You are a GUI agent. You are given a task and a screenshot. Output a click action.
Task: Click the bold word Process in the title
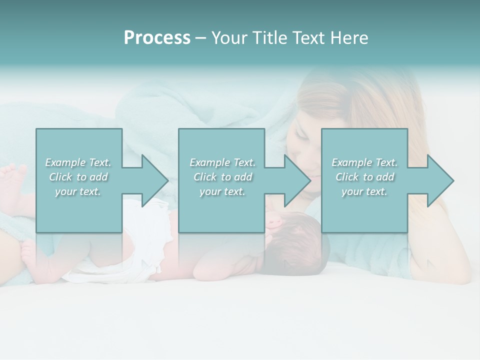(x=157, y=38)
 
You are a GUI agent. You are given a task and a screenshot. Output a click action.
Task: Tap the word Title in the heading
(x=268, y=38)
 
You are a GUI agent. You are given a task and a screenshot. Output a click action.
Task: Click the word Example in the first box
(x=65, y=162)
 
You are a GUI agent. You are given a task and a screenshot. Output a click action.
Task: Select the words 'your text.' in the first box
(x=78, y=191)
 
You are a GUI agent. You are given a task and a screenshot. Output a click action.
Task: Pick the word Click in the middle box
(x=204, y=177)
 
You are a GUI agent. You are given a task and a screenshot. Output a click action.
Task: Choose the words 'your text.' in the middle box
(x=222, y=191)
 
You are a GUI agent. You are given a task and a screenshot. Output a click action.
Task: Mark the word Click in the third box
(x=346, y=177)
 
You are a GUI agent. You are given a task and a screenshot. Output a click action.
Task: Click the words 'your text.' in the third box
(x=364, y=191)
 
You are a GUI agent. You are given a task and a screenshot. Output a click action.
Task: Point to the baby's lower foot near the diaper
(x=35, y=255)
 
